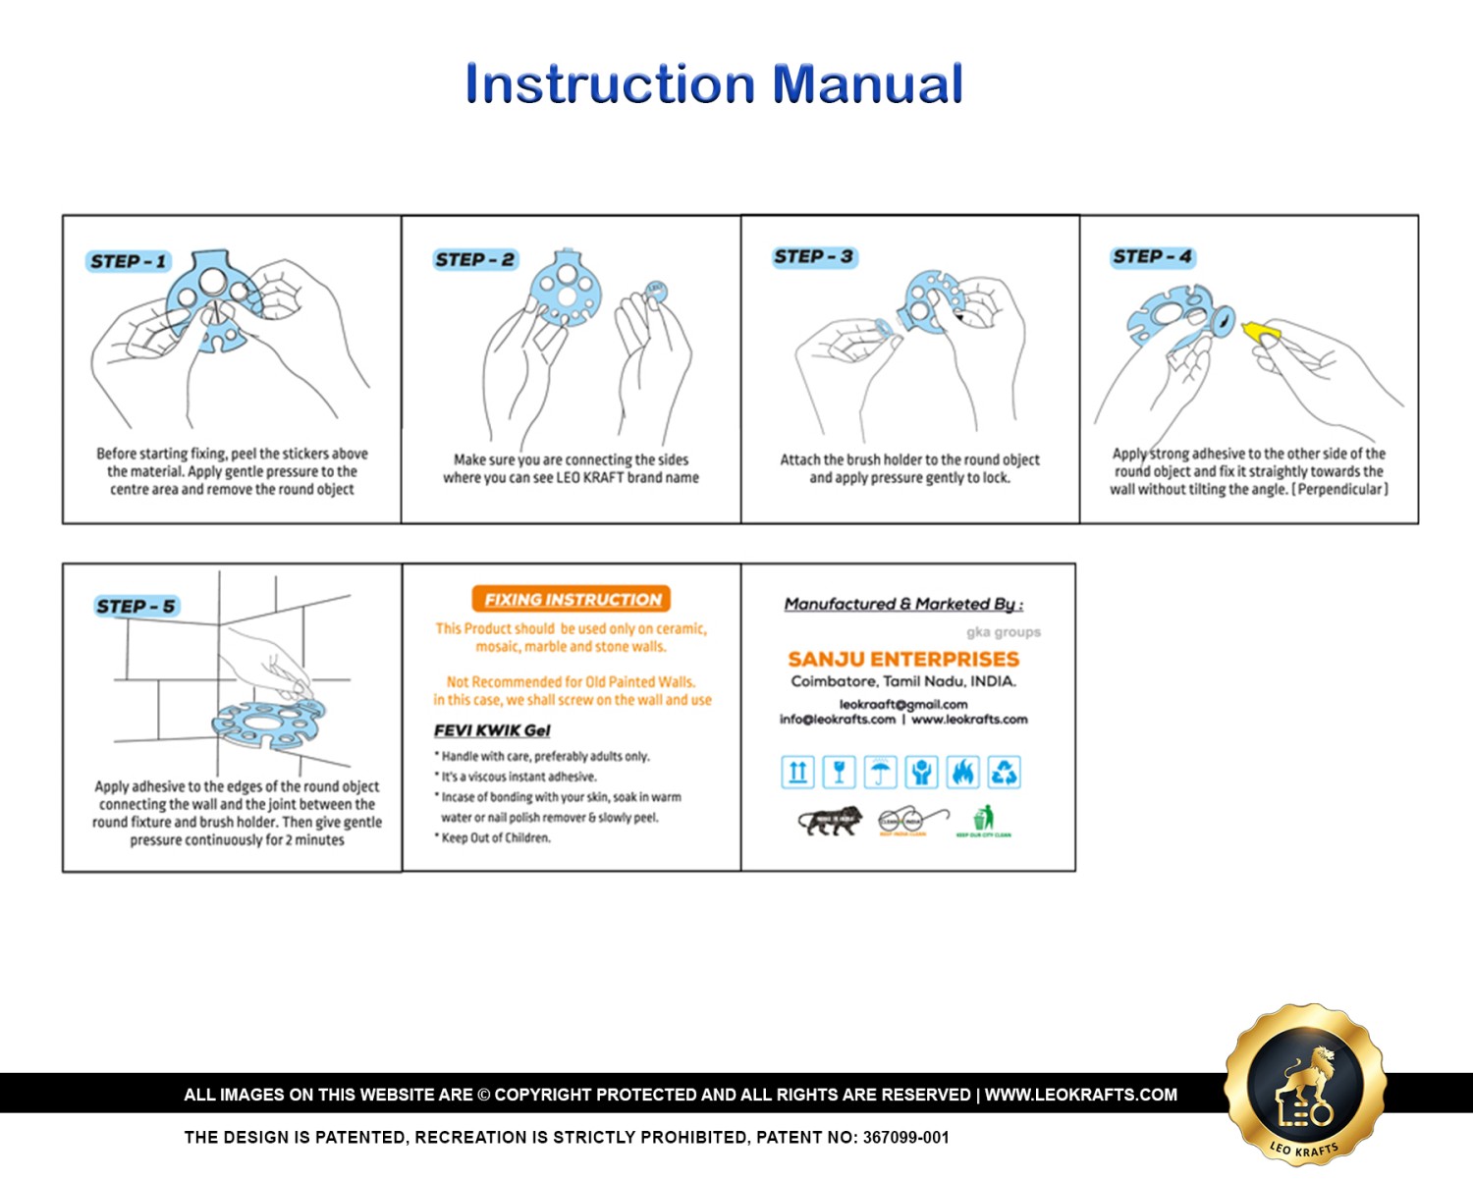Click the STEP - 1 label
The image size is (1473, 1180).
pyautogui.click(x=129, y=262)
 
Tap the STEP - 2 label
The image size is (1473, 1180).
pyautogui.click(x=475, y=260)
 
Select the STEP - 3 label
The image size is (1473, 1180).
pyautogui.click(x=814, y=257)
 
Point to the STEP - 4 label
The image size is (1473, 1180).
pyautogui.click(x=1153, y=257)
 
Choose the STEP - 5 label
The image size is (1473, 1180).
pyautogui.click(x=136, y=607)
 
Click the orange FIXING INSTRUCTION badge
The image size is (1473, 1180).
pyautogui.click(x=572, y=599)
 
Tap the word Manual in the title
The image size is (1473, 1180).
pyautogui.click(x=867, y=83)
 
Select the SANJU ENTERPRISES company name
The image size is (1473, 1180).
pyautogui.click(x=903, y=659)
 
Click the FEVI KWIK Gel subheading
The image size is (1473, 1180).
pyautogui.click(x=492, y=730)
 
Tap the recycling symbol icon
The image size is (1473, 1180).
pyautogui.click(x=1004, y=773)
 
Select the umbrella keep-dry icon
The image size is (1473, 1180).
pyautogui.click(x=880, y=773)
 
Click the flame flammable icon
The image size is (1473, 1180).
pyautogui.click(x=962, y=773)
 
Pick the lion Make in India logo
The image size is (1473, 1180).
pyautogui.click(x=830, y=821)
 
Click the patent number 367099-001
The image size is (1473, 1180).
pyautogui.click(x=905, y=1138)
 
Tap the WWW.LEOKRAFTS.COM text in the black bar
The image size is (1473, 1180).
pyautogui.click(x=1080, y=1095)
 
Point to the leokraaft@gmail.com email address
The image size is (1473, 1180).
pyautogui.click(x=902, y=704)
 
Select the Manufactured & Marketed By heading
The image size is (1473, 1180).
pyautogui.click(x=902, y=604)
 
